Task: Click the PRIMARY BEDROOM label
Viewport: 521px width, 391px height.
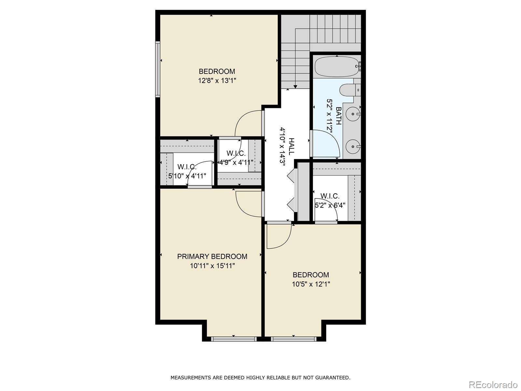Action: (x=212, y=256)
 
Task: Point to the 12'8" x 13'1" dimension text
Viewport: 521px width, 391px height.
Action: (x=217, y=80)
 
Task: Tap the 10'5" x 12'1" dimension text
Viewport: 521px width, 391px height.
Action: (x=311, y=284)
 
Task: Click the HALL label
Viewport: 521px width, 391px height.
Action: (x=291, y=146)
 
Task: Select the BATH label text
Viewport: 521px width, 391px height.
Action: (x=339, y=116)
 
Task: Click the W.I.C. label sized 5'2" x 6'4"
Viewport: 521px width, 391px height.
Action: (x=330, y=196)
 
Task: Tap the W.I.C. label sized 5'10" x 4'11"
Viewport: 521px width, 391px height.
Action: (x=187, y=167)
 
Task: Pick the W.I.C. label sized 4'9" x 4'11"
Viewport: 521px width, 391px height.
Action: (x=236, y=153)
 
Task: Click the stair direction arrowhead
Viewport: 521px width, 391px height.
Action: (x=295, y=87)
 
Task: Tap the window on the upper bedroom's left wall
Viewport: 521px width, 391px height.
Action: (x=158, y=69)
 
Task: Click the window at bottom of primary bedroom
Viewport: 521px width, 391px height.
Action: (x=233, y=339)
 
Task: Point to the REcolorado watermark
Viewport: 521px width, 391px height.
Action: (x=493, y=384)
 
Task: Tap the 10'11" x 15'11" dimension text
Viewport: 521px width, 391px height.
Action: (x=212, y=266)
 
